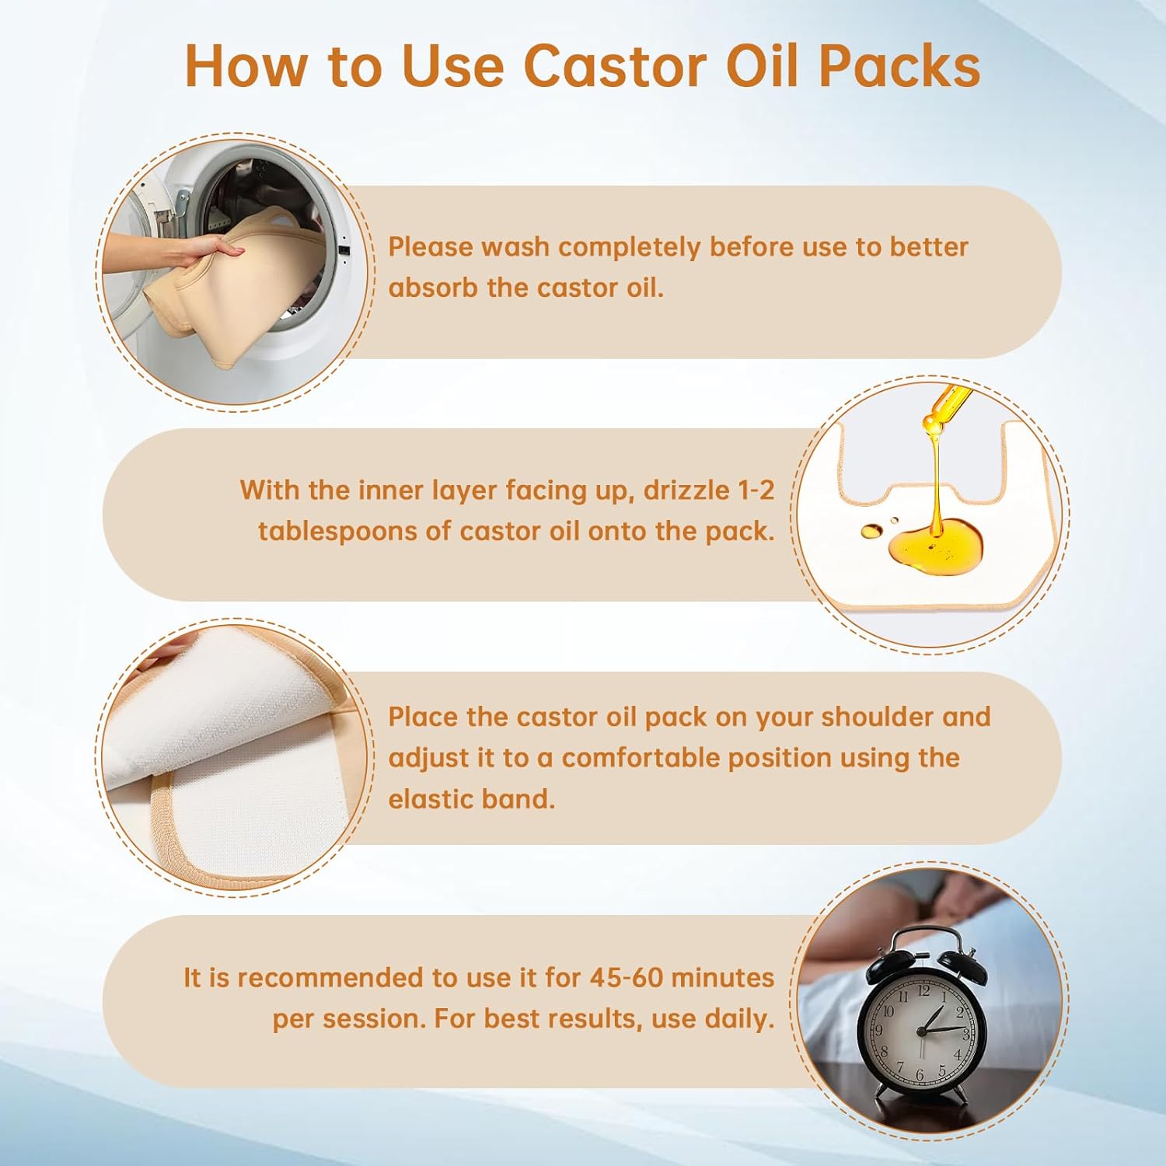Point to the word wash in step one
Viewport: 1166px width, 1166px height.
coord(516,247)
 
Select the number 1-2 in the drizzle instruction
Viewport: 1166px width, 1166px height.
coord(756,490)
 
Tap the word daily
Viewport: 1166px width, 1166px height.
coord(739,1018)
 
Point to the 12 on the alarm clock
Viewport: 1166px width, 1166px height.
coord(923,991)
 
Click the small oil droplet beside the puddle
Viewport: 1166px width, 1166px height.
coord(872,531)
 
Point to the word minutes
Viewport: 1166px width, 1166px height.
coord(722,977)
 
